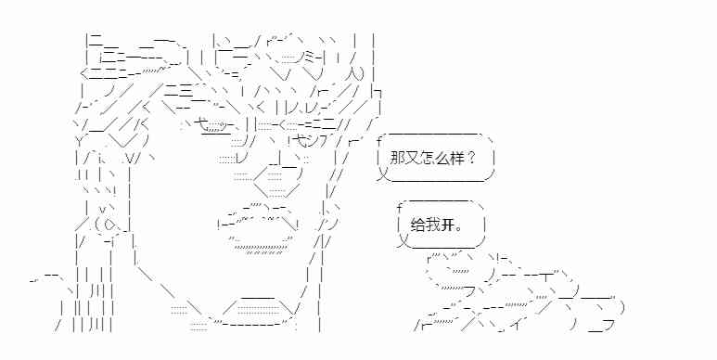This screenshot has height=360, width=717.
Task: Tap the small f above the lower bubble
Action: click(x=399, y=205)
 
